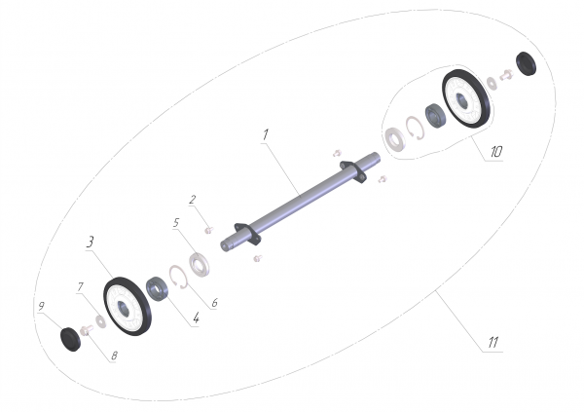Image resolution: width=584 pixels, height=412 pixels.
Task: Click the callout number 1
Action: [265, 134]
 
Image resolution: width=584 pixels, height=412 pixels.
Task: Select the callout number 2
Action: [192, 200]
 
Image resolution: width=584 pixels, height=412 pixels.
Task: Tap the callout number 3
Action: [90, 242]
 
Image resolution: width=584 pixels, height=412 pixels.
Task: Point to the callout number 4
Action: [197, 318]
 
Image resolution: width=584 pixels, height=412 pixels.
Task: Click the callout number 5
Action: [176, 223]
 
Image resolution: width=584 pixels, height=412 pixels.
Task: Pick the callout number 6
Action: [214, 302]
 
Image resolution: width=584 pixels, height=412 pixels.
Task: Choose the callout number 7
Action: [81, 286]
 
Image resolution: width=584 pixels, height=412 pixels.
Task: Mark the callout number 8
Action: [114, 356]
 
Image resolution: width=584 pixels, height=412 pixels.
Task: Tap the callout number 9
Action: [41, 306]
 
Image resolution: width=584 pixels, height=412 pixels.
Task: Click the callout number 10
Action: [496, 151]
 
